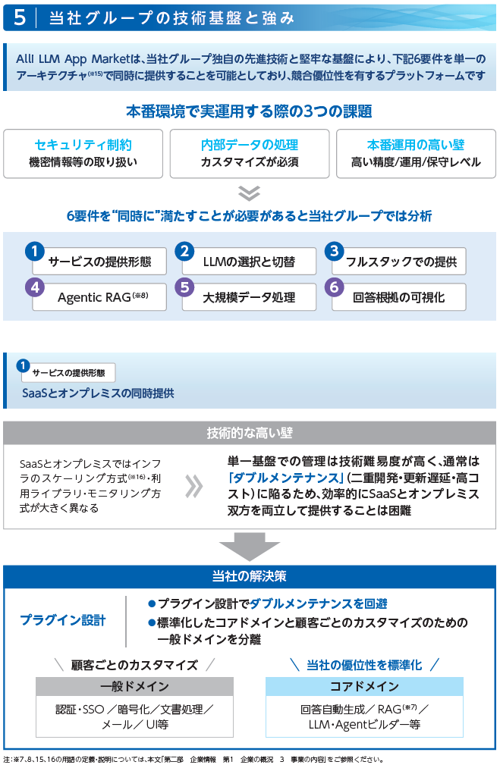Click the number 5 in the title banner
click(x=20, y=17)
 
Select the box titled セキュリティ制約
click(x=83, y=153)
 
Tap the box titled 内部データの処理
click(x=250, y=153)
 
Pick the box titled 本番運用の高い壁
click(x=416, y=153)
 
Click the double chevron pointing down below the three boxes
click(x=249, y=193)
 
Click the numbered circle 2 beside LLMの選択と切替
click(x=184, y=251)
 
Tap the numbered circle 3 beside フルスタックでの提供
click(x=334, y=251)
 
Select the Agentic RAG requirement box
click(x=99, y=297)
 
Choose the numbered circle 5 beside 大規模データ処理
click(x=184, y=287)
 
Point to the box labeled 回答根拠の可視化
click(x=398, y=297)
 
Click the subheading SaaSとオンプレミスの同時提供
click(x=98, y=393)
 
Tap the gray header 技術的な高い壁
click(x=250, y=433)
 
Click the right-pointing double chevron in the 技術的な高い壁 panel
click(x=193, y=486)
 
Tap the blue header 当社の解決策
click(x=250, y=576)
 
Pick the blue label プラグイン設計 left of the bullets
click(x=63, y=620)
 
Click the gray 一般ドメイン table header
click(x=134, y=686)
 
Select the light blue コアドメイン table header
click(x=364, y=686)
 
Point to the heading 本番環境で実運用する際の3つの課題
click(x=250, y=111)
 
